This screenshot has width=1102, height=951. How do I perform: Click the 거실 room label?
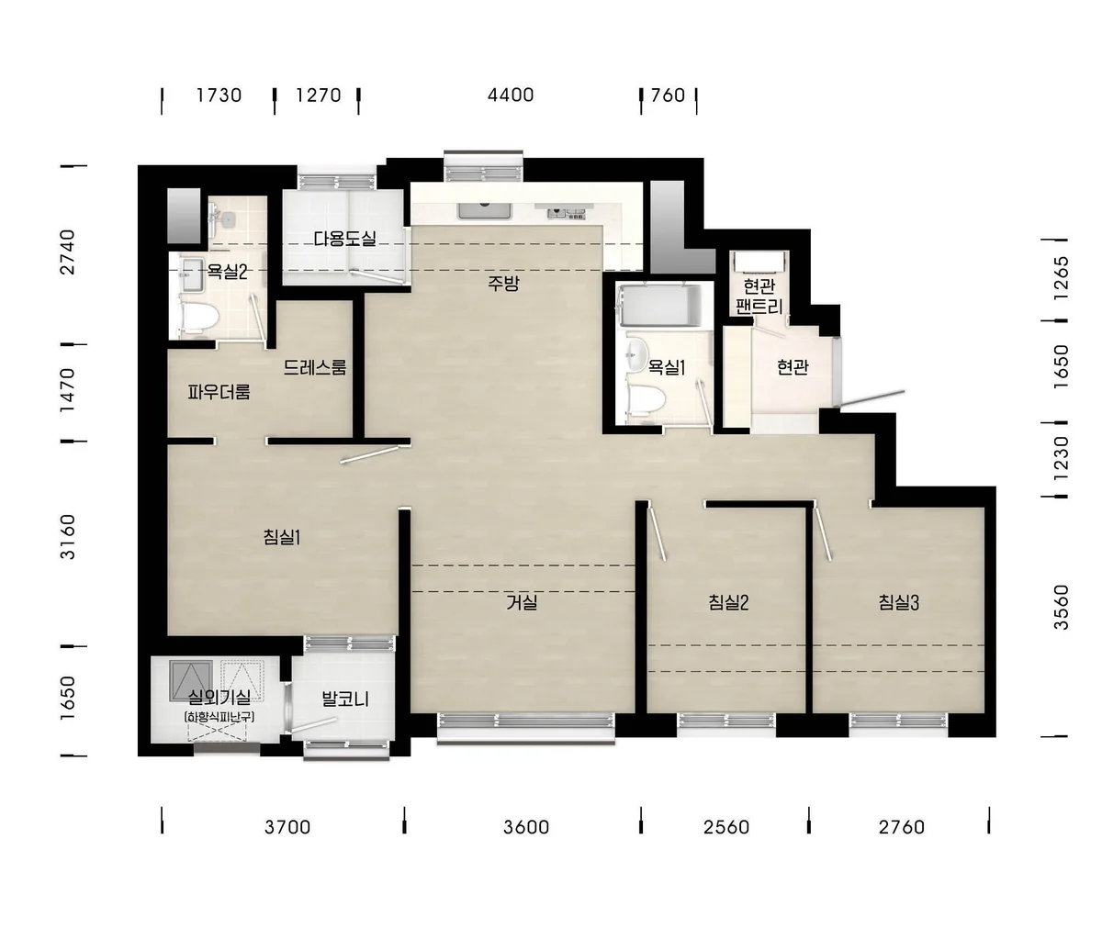tap(522, 602)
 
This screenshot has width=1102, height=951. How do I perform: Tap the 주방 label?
tap(503, 283)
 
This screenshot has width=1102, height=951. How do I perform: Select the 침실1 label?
tap(282, 537)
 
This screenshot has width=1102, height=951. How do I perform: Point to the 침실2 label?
tap(728, 602)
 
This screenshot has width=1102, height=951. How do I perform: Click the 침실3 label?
tap(899, 602)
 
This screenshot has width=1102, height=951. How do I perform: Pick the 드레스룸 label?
tap(315, 367)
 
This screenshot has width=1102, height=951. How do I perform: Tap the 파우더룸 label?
tap(219, 392)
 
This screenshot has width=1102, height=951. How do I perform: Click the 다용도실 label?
tap(345, 239)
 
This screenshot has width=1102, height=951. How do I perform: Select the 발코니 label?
tap(345, 699)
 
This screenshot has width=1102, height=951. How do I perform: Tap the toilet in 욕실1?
tap(647, 399)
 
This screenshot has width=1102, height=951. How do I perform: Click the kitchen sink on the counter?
tap(485, 211)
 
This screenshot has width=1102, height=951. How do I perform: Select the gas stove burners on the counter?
tap(567, 213)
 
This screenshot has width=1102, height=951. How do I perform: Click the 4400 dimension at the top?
tap(511, 95)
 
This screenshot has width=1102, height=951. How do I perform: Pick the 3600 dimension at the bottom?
tap(525, 827)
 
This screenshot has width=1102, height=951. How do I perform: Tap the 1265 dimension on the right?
tap(1062, 278)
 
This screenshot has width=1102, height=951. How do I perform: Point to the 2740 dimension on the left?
tap(68, 252)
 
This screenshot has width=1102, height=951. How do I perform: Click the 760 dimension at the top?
tap(668, 95)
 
